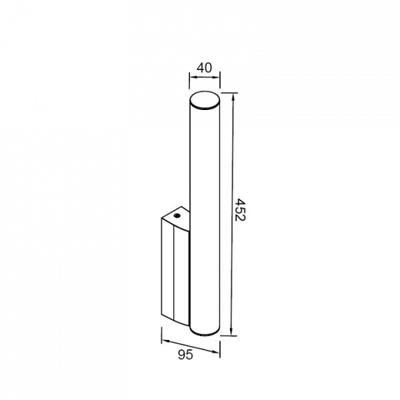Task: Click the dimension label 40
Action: [204, 67]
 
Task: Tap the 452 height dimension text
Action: [239, 210]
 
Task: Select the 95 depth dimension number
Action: [185, 355]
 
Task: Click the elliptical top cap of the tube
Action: [205, 101]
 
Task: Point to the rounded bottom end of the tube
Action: [205, 331]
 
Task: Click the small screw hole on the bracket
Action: [177, 216]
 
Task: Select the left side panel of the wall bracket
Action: [167, 267]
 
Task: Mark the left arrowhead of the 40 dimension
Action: [192, 77]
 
